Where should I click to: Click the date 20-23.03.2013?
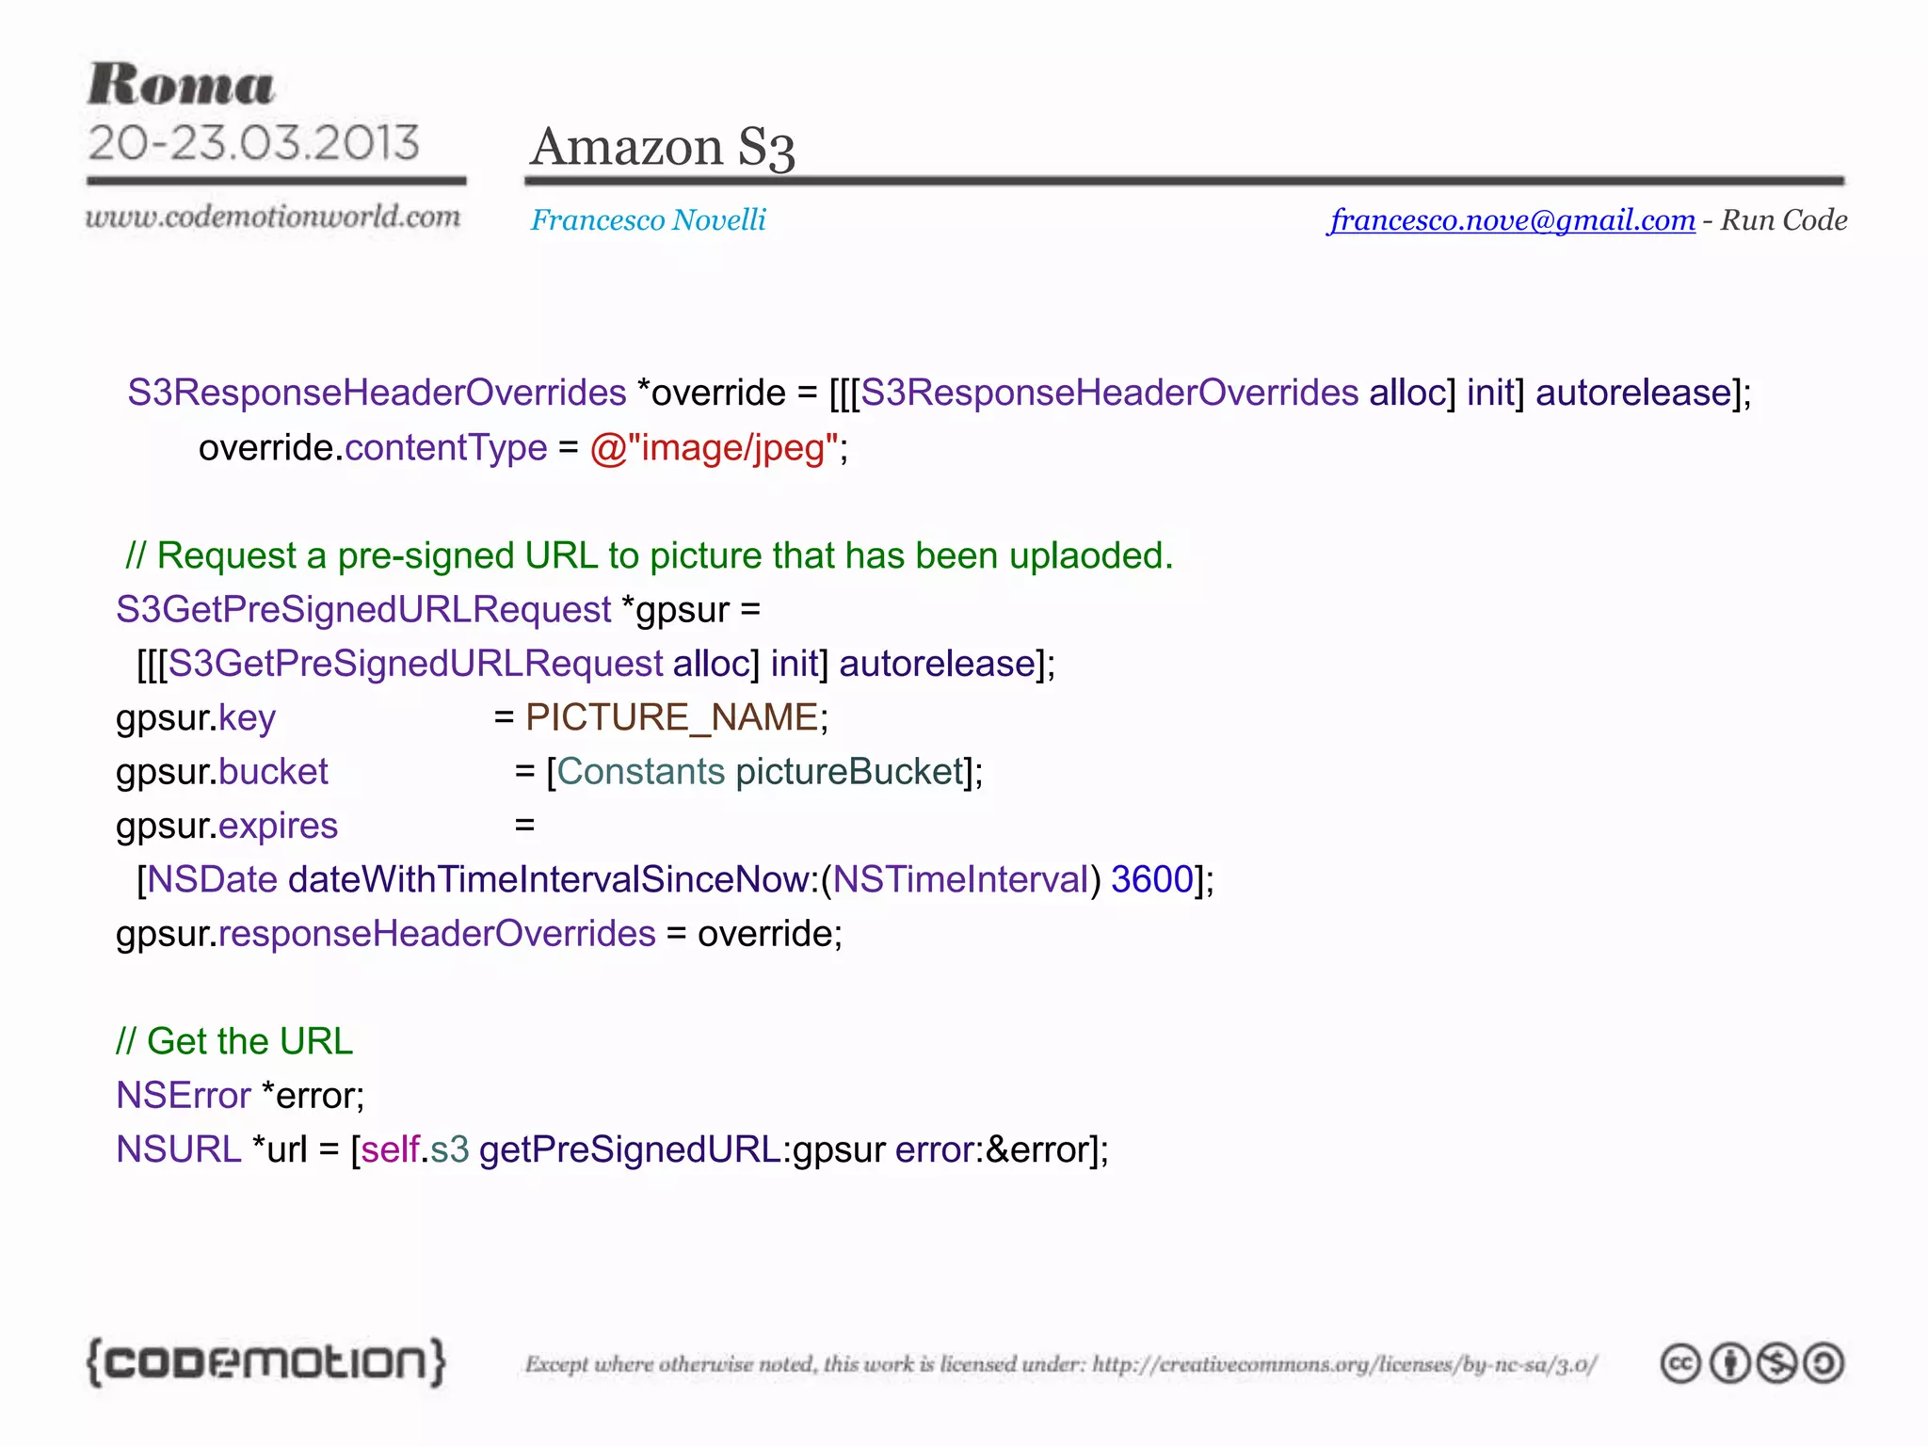(253, 143)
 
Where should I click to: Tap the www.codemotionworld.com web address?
(273, 217)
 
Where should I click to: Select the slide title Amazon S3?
(663, 148)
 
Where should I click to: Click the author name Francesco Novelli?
(649, 220)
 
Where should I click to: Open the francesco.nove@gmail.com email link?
(1512, 220)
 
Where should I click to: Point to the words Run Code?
(1784, 220)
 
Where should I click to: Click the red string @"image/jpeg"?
(714, 448)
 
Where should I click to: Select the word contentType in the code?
(446, 448)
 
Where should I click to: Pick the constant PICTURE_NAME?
(672, 717)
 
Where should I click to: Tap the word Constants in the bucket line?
(640, 772)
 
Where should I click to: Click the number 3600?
(1152, 879)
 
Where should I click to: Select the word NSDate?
(213, 879)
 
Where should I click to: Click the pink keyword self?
(390, 1149)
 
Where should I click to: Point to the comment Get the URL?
(235, 1041)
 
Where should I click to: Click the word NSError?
(184, 1096)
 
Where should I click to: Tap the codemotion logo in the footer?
(265, 1362)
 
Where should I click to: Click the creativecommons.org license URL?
(1344, 1364)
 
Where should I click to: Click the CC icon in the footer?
(1680, 1363)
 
